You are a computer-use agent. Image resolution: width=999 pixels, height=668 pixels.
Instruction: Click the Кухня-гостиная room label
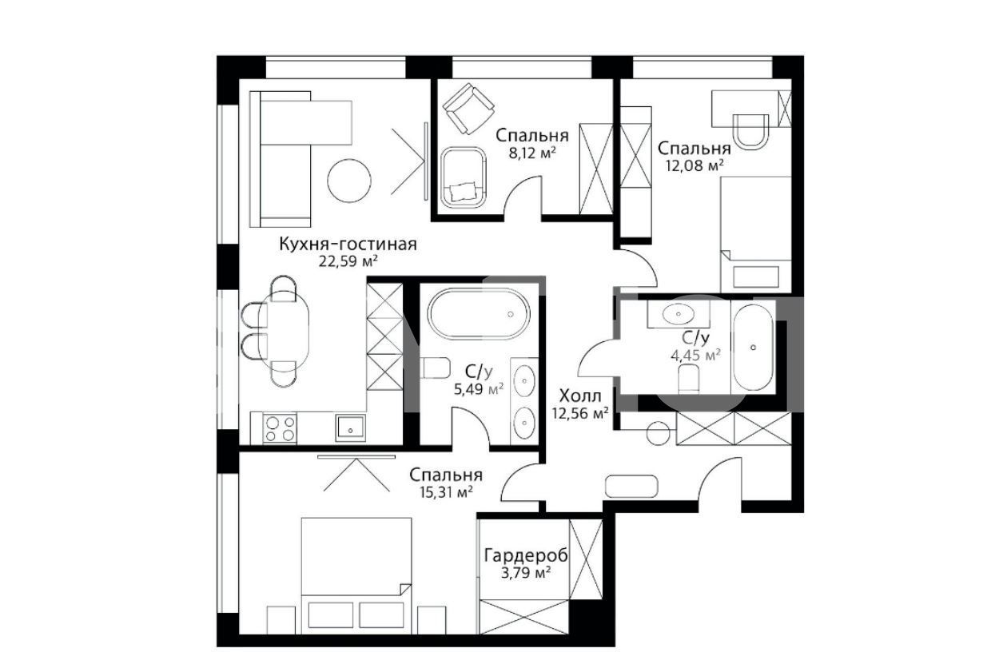click(x=348, y=245)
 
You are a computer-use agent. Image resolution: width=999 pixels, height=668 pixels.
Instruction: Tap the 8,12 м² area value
click(x=532, y=153)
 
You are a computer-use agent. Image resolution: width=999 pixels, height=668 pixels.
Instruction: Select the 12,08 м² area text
click(x=695, y=166)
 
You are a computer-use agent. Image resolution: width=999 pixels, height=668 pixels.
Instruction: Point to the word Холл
click(x=580, y=396)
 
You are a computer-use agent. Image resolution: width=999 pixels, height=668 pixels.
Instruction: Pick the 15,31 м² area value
click(x=445, y=492)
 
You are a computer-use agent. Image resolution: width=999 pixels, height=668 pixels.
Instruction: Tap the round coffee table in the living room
click(x=349, y=181)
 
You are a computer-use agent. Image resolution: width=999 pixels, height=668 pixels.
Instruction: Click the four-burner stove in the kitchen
click(x=280, y=428)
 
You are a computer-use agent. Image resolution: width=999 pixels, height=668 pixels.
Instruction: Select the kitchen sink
click(x=351, y=428)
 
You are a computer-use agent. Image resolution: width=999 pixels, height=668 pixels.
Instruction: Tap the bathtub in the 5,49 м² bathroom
click(x=479, y=314)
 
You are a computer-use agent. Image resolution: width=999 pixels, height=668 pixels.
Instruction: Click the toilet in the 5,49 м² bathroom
click(x=435, y=368)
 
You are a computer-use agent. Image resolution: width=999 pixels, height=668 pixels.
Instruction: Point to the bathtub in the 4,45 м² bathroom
click(x=754, y=348)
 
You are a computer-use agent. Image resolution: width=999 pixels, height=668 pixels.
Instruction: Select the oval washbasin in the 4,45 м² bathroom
click(x=679, y=314)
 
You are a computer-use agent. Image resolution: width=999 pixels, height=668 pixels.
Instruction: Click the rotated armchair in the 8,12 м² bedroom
click(x=468, y=109)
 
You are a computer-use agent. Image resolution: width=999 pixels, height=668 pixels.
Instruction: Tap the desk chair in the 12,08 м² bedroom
click(x=751, y=131)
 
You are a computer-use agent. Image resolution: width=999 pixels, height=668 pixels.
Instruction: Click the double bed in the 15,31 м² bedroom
click(x=356, y=575)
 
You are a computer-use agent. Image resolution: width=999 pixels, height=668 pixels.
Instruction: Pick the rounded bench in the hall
click(x=631, y=486)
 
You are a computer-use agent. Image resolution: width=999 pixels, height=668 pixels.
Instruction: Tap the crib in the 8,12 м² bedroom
click(x=464, y=177)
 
